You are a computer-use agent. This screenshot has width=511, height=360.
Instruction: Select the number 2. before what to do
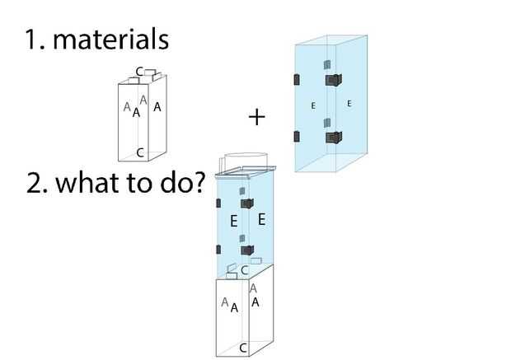(36, 182)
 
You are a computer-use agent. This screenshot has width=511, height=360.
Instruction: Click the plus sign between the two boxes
(257, 118)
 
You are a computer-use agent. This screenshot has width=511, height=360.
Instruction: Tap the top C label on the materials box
(139, 72)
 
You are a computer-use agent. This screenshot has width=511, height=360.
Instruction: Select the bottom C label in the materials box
(140, 152)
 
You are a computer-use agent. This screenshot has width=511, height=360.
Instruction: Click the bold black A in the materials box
(137, 113)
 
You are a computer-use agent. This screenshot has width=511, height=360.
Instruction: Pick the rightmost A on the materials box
(157, 107)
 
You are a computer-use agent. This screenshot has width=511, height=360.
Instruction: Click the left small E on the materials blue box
(313, 105)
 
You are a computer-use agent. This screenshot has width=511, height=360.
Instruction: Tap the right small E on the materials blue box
(349, 103)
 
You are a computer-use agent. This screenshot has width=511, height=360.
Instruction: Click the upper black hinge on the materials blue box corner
(333, 80)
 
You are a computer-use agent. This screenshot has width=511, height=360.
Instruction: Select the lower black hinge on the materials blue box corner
(333, 138)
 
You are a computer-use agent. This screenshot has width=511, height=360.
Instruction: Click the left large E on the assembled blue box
(234, 222)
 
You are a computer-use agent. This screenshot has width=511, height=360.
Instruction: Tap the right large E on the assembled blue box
(261, 219)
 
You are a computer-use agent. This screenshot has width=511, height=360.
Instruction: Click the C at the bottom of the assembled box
(243, 348)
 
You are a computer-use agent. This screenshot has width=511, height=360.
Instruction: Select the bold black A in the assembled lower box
(235, 308)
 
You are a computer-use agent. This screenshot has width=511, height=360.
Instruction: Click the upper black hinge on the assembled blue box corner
(246, 203)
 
